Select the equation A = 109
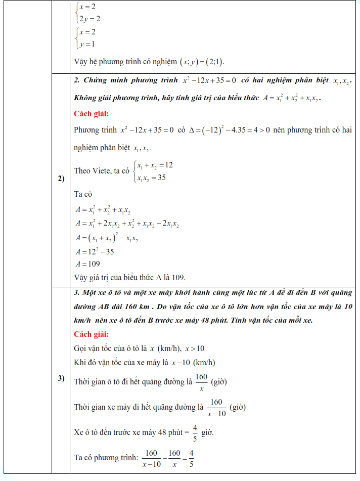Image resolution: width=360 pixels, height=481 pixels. [x=87, y=264]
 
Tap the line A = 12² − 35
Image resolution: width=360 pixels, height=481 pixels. [x=94, y=251]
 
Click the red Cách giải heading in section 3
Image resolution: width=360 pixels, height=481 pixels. [x=91, y=334]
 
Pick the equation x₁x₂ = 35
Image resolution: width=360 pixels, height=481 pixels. [x=151, y=178]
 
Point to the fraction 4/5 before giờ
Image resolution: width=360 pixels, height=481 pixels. [x=195, y=432]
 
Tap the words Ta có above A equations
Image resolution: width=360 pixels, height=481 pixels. [x=82, y=194]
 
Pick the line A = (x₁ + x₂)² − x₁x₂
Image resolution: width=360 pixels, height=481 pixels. [x=106, y=238]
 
